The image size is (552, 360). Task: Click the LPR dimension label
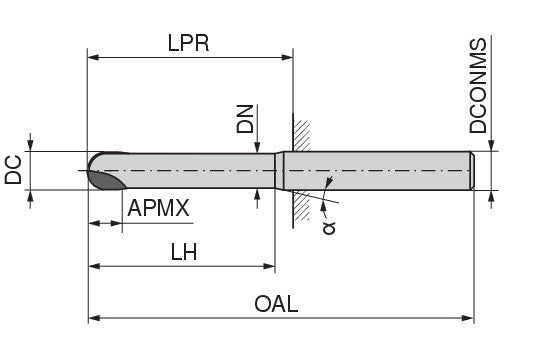[x=188, y=43]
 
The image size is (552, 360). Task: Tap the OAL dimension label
[x=276, y=304]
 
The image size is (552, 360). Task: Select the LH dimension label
[x=183, y=252]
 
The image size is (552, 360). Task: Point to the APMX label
[x=158, y=208]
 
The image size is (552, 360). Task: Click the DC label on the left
[x=13, y=170]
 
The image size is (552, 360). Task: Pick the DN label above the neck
[x=245, y=119]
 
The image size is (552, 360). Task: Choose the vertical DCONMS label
[x=478, y=86]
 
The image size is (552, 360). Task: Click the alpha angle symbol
[x=329, y=228]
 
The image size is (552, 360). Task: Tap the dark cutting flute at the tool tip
[x=107, y=180]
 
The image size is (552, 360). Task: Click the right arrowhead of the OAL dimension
[x=468, y=318]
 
